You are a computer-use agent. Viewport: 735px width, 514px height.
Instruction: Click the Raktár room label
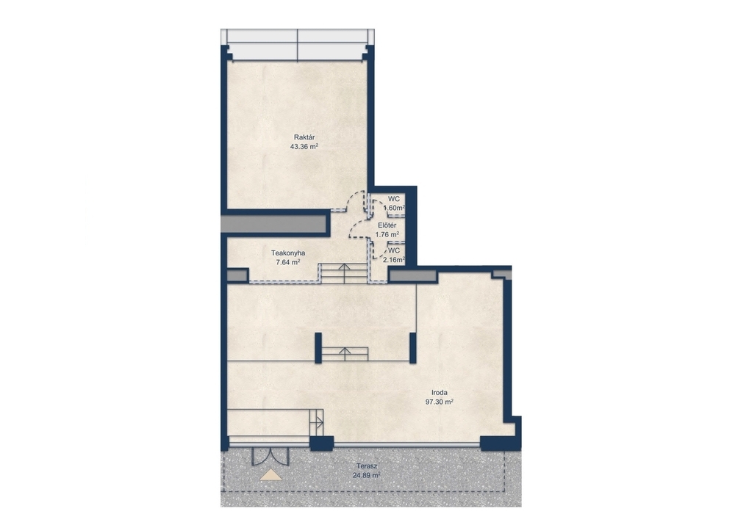point(304,137)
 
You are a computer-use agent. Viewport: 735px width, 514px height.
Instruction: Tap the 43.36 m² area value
point(304,147)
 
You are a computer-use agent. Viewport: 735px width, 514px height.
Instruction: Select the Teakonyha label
point(288,253)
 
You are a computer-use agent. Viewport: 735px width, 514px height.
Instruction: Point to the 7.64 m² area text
point(288,262)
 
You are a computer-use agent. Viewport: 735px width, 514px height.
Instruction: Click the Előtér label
point(387,225)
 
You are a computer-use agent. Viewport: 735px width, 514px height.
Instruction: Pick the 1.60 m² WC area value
point(394,208)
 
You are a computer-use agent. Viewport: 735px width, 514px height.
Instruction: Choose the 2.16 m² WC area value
point(394,259)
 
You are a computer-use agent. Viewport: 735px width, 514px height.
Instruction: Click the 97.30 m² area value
point(440,402)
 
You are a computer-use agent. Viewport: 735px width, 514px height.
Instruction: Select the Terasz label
point(367,467)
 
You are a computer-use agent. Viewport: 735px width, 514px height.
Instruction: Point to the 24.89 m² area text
point(367,476)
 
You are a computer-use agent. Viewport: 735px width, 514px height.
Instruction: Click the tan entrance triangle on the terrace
point(271,475)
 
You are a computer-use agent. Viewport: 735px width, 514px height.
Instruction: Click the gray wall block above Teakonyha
point(273,223)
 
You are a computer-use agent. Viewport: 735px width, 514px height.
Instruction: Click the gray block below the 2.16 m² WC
point(405,276)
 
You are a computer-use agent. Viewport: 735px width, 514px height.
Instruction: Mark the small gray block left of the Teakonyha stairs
point(237,275)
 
